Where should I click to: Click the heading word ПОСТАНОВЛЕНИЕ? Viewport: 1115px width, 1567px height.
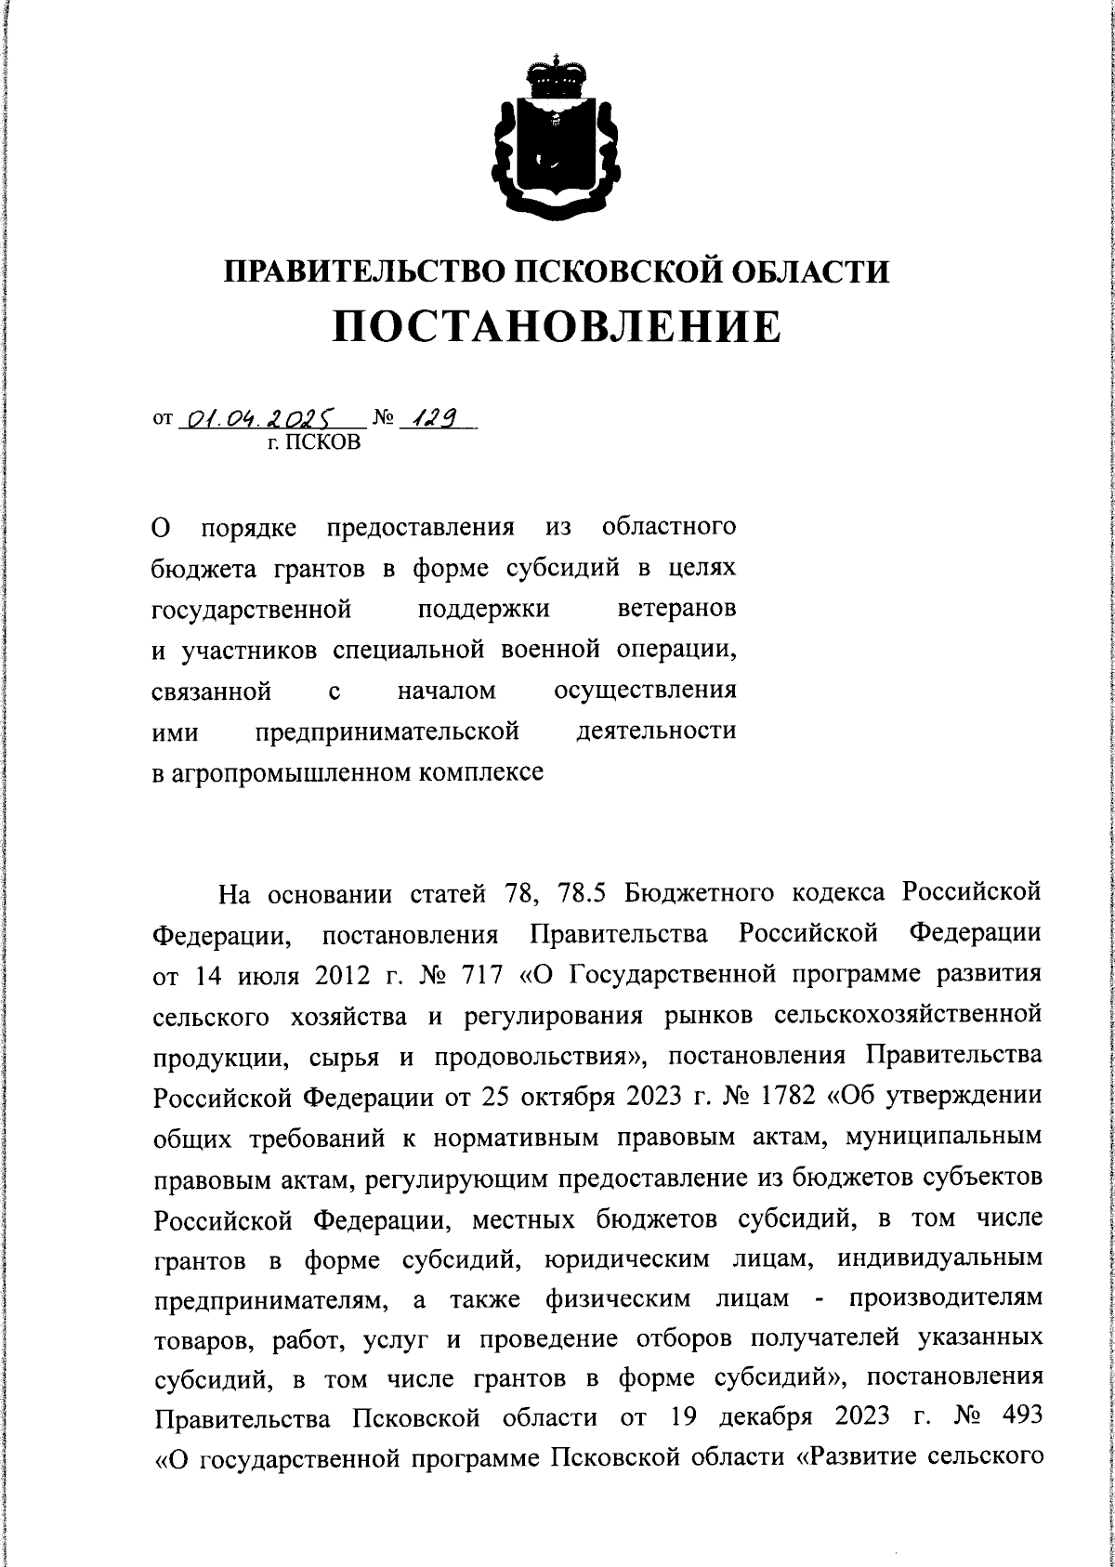557,326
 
